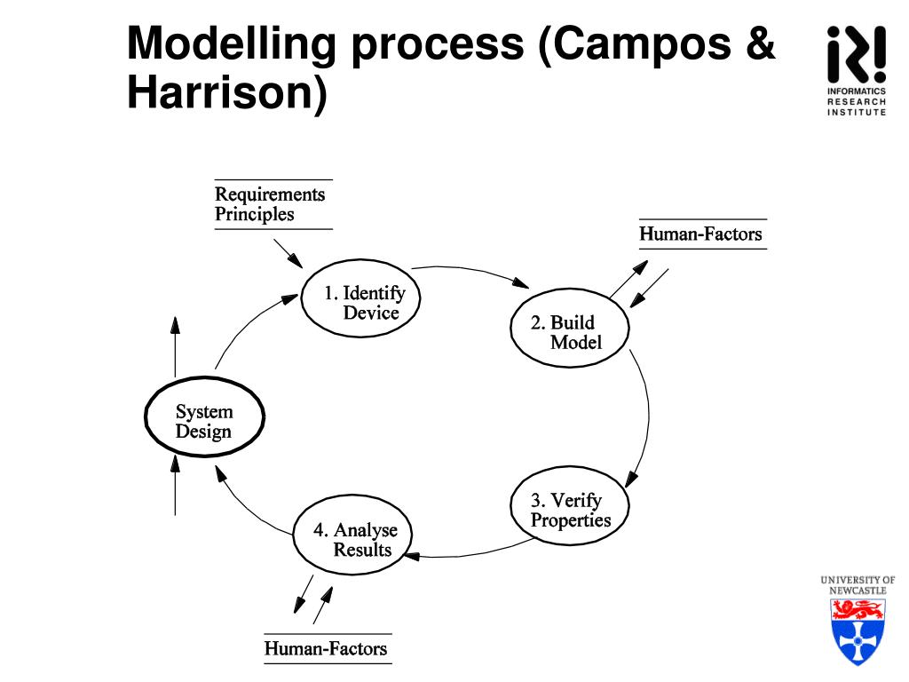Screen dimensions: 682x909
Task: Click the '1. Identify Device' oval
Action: (360, 302)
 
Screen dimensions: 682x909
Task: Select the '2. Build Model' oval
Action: (570, 332)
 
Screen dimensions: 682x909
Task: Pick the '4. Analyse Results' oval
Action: (353, 539)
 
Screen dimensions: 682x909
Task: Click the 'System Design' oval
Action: (204, 422)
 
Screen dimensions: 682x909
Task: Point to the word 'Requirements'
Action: (270, 194)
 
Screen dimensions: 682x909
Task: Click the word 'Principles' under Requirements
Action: (254, 214)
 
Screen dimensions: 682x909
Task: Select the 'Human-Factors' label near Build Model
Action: (700, 234)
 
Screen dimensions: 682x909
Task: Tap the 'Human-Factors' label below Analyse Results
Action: (326, 648)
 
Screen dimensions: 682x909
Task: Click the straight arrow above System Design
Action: (175, 346)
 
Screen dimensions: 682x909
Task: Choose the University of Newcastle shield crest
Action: (858, 630)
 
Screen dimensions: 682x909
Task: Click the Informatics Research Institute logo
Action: (856, 71)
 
